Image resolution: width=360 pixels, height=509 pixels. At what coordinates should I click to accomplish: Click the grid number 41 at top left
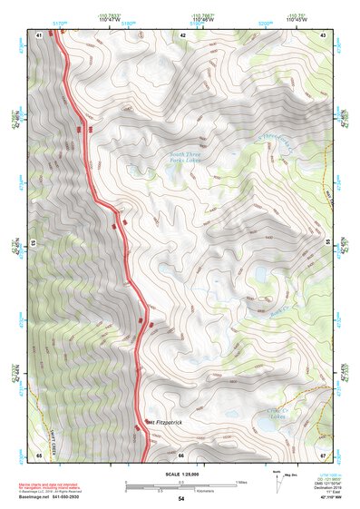click(x=40, y=34)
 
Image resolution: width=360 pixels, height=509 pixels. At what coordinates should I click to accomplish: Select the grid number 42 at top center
click(x=182, y=34)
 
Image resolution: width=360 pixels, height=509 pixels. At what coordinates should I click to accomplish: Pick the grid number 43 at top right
click(x=323, y=34)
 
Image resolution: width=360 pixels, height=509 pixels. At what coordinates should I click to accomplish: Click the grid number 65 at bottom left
click(x=40, y=455)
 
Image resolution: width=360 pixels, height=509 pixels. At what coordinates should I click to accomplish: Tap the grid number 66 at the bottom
click(x=180, y=455)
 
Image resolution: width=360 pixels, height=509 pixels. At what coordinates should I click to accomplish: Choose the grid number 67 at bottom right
click(x=323, y=455)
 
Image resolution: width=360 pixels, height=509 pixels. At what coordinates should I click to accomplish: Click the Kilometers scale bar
click(x=180, y=490)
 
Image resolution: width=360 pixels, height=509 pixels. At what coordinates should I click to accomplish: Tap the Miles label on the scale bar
click(x=240, y=483)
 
